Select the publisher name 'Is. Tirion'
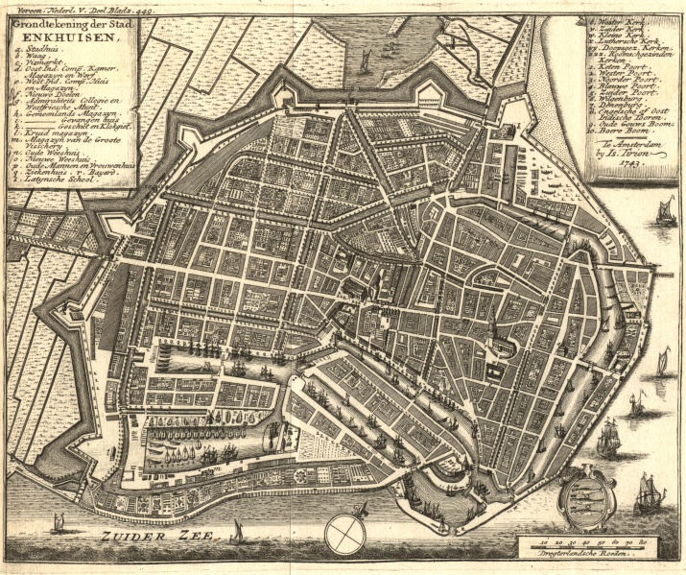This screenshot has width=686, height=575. click(x=639, y=152)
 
